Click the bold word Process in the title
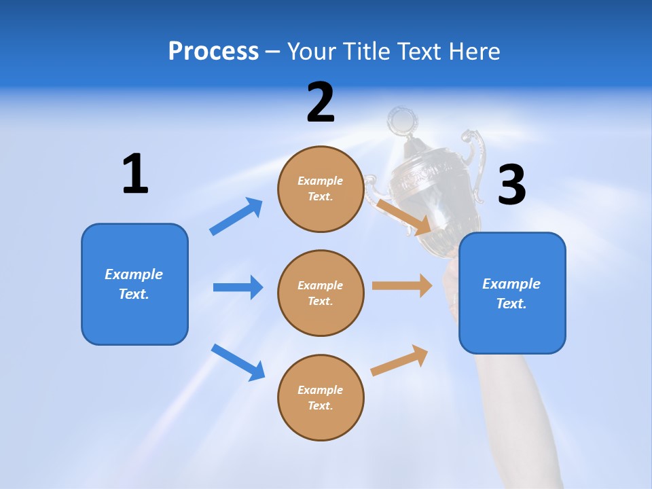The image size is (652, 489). pyautogui.click(x=213, y=52)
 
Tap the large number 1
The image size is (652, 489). pyautogui.click(x=135, y=175)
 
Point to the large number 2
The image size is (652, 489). pyautogui.click(x=321, y=103)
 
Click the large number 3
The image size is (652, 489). pyautogui.click(x=511, y=185)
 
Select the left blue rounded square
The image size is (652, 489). pyautogui.click(x=134, y=284)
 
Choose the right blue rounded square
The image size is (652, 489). pyautogui.click(x=512, y=293)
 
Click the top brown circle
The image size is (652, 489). pyautogui.click(x=321, y=189)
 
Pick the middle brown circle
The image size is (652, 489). pyautogui.click(x=321, y=293)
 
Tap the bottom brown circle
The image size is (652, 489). pyautogui.click(x=321, y=398)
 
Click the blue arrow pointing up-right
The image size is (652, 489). pyautogui.click(x=236, y=216)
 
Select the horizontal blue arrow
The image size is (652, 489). pyautogui.click(x=238, y=287)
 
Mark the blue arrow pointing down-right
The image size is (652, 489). pyautogui.click(x=238, y=362)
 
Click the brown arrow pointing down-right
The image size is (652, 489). pyautogui.click(x=405, y=217)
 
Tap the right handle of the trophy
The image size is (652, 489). pyautogui.click(x=473, y=163)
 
